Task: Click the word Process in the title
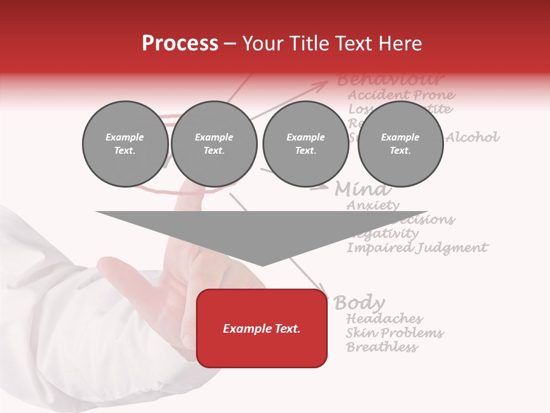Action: pos(180,44)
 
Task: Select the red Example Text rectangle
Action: pos(262,328)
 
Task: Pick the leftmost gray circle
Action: pos(125,143)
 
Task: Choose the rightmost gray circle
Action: pos(400,143)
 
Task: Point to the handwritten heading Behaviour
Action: pos(390,79)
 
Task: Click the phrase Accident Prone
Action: pos(402,95)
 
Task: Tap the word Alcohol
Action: pos(473,137)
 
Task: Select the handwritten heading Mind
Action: pos(363,189)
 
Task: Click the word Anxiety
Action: pos(373,205)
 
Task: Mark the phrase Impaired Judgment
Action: pos(417,248)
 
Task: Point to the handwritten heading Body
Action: pos(359,302)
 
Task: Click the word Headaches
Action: pos(384,318)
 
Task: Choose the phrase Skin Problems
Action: pos(395,333)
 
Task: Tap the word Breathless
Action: pos(382,347)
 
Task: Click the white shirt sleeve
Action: pos(52,321)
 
